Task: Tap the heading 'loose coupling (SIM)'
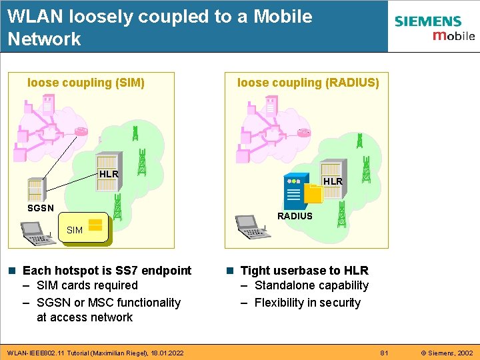coord(86,83)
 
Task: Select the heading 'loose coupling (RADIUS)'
coord(308,83)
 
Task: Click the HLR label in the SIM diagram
coord(109,174)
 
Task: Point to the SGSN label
coord(40,208)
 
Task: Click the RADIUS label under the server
coord(295,216)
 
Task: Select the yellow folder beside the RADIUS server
coord(313,193)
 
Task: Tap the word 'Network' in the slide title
coord(44,39)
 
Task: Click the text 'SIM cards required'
coord(87,285)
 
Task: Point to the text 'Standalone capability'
coord(311,285)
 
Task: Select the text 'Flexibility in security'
coord(307,303)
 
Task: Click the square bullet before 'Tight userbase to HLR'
coord(229,271)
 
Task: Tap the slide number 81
coord(383,352)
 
